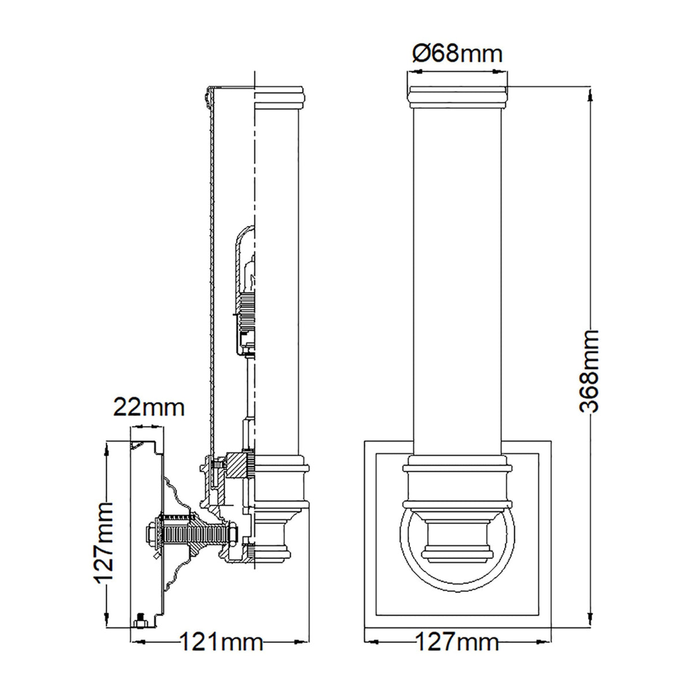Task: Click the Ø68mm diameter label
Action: (457, 54)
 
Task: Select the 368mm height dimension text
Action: (588, 371)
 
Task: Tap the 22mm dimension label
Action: (148, 408)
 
